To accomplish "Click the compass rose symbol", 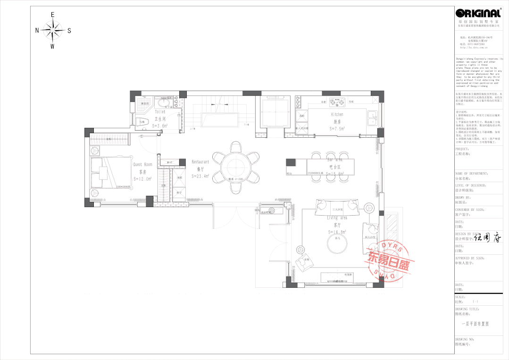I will point(52,31).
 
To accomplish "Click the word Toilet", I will point(160,112).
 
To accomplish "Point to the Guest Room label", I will point(142,165).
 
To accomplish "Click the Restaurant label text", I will point(200,162).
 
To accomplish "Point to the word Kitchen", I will point(337,115).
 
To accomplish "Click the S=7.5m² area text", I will point(337,128).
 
